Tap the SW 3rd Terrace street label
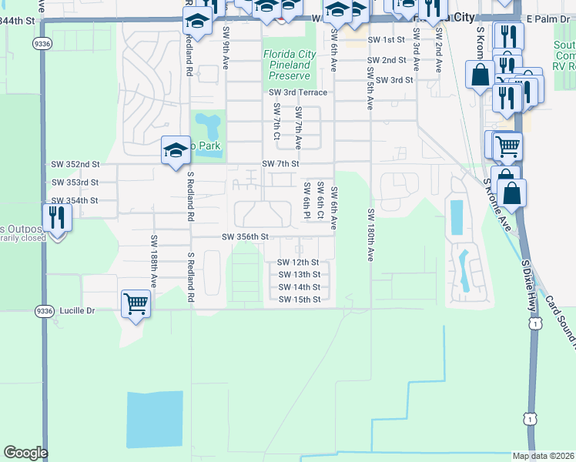click(x=298, y=92)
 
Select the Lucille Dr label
click(x=79, y=311)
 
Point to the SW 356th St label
click(x=245, y=237)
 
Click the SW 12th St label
click(x=298, y=263)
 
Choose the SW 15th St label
click(x=299, y=300)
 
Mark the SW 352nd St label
click(x=75, y=164)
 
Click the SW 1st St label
click(x=386, y=39)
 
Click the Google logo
click(x=25, y=453)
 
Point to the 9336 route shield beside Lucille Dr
click(x=43, y=311)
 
